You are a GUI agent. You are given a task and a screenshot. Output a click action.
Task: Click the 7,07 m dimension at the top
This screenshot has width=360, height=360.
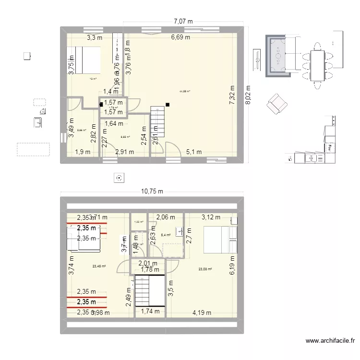pos(183,21)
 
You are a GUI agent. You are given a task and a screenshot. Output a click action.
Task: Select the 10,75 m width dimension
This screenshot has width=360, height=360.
pos(152,191)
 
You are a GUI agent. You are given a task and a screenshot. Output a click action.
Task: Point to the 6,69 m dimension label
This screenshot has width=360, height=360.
pos(180,37)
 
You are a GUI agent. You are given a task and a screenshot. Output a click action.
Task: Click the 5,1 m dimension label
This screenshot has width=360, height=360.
pos(193,152)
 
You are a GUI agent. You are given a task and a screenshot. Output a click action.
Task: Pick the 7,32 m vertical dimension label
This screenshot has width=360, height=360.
pos(232,95)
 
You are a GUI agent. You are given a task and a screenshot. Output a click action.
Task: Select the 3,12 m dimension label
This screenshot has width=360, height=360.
pos(211,217)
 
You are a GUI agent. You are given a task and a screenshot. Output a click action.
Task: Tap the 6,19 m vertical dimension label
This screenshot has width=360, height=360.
pos(233,265)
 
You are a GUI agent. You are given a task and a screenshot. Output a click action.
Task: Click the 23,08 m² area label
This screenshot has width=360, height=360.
pos(205,269)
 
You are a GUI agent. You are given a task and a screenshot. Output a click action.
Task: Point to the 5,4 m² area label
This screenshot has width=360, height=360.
pos(166,235)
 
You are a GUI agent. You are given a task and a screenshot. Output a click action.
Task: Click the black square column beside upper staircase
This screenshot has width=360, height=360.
pos(168,104)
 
